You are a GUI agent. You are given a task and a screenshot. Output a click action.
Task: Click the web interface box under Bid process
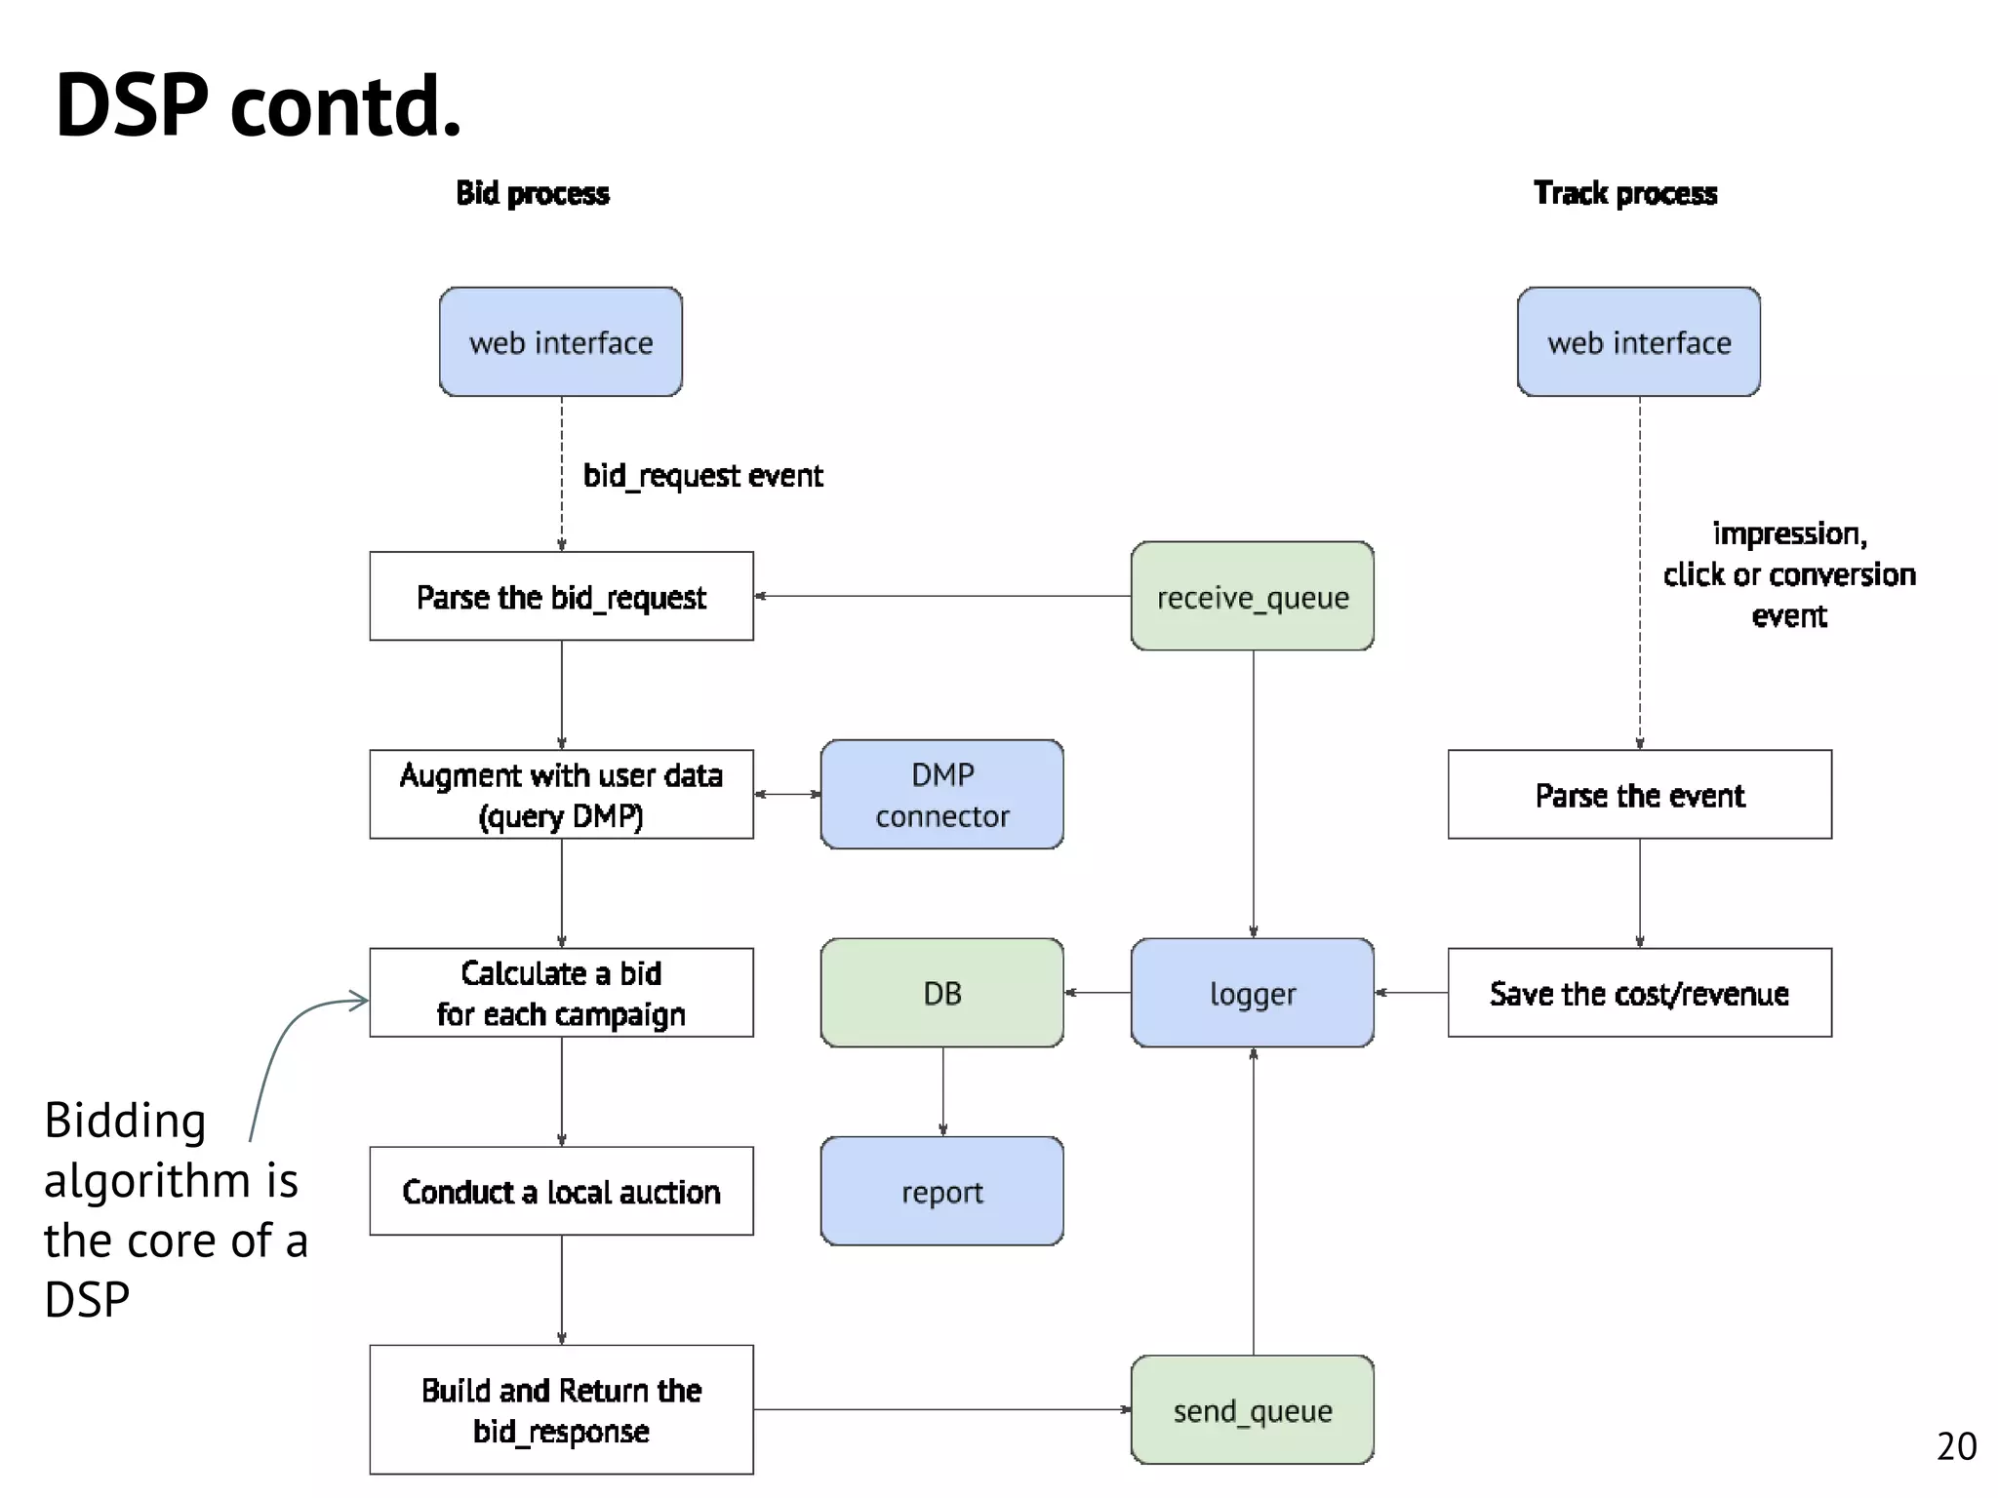point(560,342)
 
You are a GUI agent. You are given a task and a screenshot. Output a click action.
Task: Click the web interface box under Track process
point(1638,342)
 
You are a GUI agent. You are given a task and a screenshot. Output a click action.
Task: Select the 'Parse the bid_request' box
point(561,596)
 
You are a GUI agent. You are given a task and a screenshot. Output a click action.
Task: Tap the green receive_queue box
point(1252,596)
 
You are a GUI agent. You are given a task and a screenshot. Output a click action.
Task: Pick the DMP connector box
point(941,794)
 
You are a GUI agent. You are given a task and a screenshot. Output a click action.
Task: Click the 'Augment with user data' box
point(561,794)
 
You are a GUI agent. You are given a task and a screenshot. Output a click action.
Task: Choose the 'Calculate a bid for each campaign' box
point(561,992)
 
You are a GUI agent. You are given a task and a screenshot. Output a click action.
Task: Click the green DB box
point(941,992)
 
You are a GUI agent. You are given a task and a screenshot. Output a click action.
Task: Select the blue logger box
point(1252,992)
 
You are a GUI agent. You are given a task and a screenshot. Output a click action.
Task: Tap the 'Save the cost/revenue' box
point(1639,992)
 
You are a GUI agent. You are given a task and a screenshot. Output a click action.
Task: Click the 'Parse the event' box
point(1639,794)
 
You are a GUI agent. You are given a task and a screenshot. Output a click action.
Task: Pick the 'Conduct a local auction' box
point(561,1191)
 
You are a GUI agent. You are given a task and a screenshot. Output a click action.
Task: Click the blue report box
point(941,1191)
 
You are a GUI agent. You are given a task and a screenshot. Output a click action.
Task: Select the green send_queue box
point(1252,1409)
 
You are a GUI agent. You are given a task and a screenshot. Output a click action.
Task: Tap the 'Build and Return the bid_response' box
point(561,1409)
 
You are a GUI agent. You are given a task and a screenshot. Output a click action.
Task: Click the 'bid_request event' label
point(702,475)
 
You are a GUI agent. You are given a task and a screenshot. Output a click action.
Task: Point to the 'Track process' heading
point(1624,193)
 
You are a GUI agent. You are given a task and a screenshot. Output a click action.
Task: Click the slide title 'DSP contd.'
point(258,105)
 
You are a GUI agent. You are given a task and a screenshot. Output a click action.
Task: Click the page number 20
point(1955,1445)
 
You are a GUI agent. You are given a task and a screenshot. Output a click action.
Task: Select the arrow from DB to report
point(942,1091)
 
